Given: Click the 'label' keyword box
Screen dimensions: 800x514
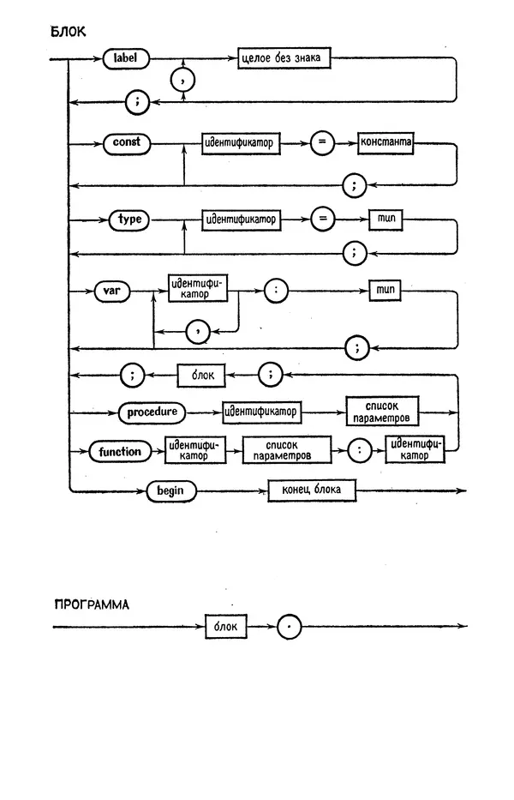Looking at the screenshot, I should [125, 59].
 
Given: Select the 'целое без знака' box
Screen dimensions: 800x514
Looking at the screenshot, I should [283, 59].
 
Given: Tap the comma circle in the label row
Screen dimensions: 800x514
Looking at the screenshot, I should [183, 81].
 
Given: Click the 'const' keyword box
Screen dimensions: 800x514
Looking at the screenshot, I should [127, 142].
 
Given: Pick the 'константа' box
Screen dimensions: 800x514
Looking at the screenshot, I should [385, 143].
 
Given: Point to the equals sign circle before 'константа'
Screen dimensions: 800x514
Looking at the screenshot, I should [322, 143].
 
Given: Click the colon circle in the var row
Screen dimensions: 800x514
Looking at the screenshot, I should [274, 290].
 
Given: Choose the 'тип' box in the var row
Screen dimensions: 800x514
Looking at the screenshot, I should [385, 290].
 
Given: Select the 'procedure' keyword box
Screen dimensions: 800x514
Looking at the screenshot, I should [152, 412].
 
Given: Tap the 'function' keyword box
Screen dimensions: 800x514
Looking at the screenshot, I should [120, 450].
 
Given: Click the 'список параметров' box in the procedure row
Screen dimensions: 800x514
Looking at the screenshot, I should [383, 411].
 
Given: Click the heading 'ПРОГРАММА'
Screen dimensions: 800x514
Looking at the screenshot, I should [92, 604].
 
